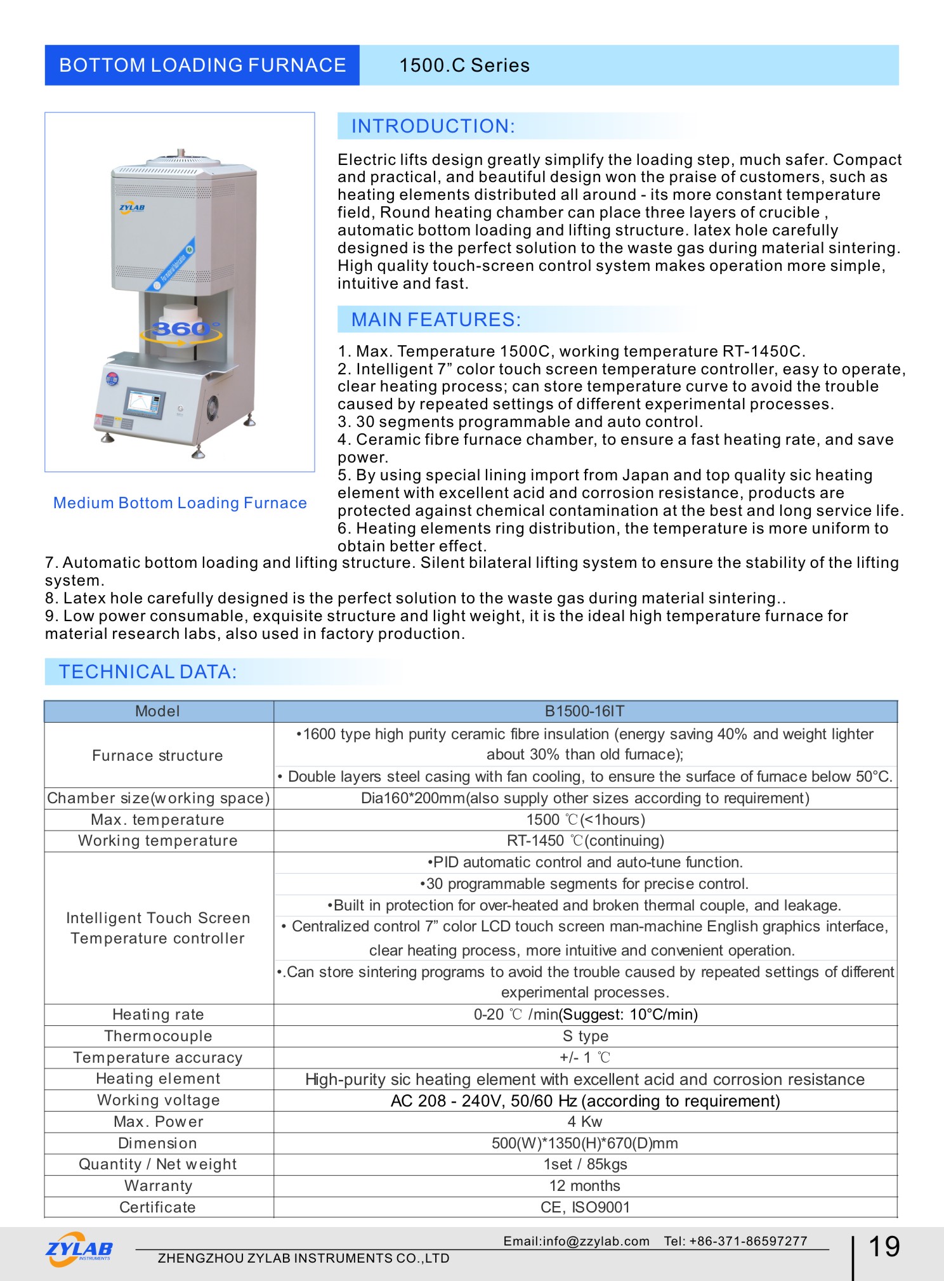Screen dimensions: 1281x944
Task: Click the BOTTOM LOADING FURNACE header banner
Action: coord(202,65)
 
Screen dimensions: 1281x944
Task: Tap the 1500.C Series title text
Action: coord(464,65)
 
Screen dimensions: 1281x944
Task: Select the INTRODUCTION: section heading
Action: coord(433,126)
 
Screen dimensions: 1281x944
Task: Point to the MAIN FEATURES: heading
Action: coord(436,320)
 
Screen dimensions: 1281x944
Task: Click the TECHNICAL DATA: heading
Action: coord(147,672)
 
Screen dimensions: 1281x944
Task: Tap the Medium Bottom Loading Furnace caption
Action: coord(180,503)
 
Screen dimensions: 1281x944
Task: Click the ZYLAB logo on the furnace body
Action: coord(132,207)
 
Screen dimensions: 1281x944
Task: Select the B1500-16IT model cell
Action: coord(584,711)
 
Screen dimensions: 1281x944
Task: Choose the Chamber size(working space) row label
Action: coord(158,798)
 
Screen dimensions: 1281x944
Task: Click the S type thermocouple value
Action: coord(585,1036)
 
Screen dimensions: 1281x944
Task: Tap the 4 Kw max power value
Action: coord(584,1122)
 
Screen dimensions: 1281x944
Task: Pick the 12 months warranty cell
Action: coord(584,1186)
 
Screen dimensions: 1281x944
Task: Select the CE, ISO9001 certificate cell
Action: coord(584,1207)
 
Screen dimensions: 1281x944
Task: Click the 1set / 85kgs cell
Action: coord(584,1164)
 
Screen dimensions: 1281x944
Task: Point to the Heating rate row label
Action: coord(158,1015)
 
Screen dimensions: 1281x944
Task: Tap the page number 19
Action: coord(883,1247)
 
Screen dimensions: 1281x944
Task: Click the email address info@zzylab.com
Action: coord(576,1241)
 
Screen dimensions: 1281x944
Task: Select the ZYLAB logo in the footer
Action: coord(79,1249)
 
